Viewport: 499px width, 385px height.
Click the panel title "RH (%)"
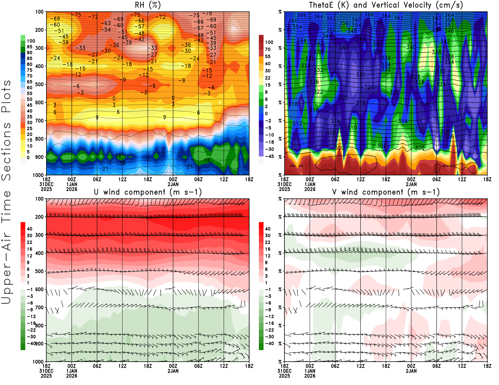point(148,5)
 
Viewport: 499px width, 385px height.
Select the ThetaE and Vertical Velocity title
point(386,5)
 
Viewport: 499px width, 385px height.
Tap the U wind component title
point(148,192)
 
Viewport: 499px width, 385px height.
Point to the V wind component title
point(386,192)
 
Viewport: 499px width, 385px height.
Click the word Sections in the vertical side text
point(6,151)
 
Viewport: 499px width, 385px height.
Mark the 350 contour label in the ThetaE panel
point(331,29)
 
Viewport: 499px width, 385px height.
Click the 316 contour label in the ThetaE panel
point(314,110)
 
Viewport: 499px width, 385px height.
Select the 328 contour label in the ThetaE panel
point(415,77)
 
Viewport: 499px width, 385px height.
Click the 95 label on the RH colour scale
point(29,47)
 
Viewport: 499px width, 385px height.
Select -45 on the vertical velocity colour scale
point(269,156)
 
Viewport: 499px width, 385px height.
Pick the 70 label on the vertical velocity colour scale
point(268,49)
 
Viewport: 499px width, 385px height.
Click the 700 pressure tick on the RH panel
point(39,121)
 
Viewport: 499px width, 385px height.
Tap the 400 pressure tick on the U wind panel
point(39,253)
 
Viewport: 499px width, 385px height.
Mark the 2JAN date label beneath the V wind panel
point(411,371)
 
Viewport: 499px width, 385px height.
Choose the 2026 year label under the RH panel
point(72,189)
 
